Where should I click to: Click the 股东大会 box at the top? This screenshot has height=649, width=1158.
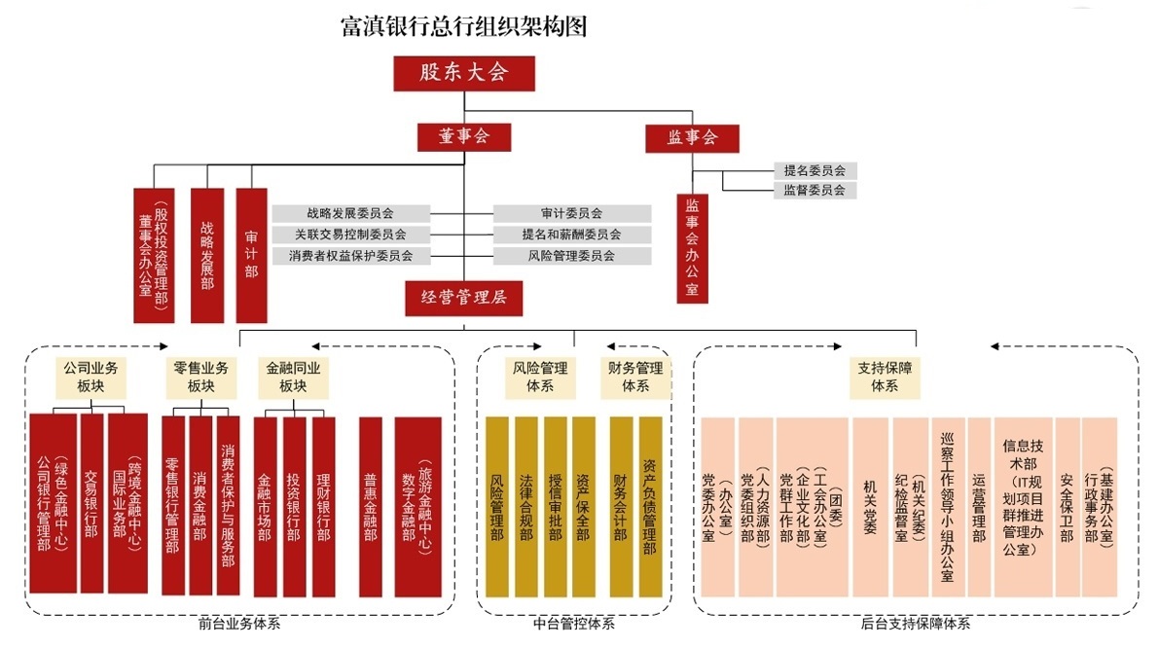pyautogui.click(x=464, y=72)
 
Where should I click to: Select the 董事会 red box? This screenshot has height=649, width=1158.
pyautogui.click(x=464, y=137)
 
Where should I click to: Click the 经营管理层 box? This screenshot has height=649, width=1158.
pyautogui.click(x=464, y=298)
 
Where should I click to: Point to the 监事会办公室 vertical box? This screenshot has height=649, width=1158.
pyautogui.click(x=692, y=248)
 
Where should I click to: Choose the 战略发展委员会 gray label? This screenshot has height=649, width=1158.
pyautogui.click(x=350, y=213)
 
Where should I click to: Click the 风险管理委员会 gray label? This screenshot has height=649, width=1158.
pyautogui.click(x=571, y=256)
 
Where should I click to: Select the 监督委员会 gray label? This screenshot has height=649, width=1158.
pyautogui.click(x=814, y=190)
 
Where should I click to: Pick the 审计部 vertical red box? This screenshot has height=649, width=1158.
pyautogui.click(x=251, y=255)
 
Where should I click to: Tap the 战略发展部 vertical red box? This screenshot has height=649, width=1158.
pyautogui.click(x=207, y=255)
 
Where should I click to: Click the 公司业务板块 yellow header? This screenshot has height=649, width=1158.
pyautogui.click(x=90, y=378)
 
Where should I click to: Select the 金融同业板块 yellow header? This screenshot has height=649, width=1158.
pyautogui.click(x=293, y=378)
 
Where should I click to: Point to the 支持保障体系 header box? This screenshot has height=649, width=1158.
pyautogui.click(x=885, y=378)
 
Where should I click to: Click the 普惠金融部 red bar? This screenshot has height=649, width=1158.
pyautogui.click(x=370, y=506)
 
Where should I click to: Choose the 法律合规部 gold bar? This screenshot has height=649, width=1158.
pyautogui.click(x=525, y=506)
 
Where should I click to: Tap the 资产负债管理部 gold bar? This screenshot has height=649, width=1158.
pyautogui.click(x=650, y=506)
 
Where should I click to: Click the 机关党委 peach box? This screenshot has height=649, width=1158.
pyautogui.click(x=870, y=506)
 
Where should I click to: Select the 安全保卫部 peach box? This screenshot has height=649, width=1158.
pyautogui.click(x=1068, y=506)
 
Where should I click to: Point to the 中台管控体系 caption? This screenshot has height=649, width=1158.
pyautogui.click(x=574, y=624)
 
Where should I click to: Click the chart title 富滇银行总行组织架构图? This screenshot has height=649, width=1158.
pyautogui.click(x=464, y=25)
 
